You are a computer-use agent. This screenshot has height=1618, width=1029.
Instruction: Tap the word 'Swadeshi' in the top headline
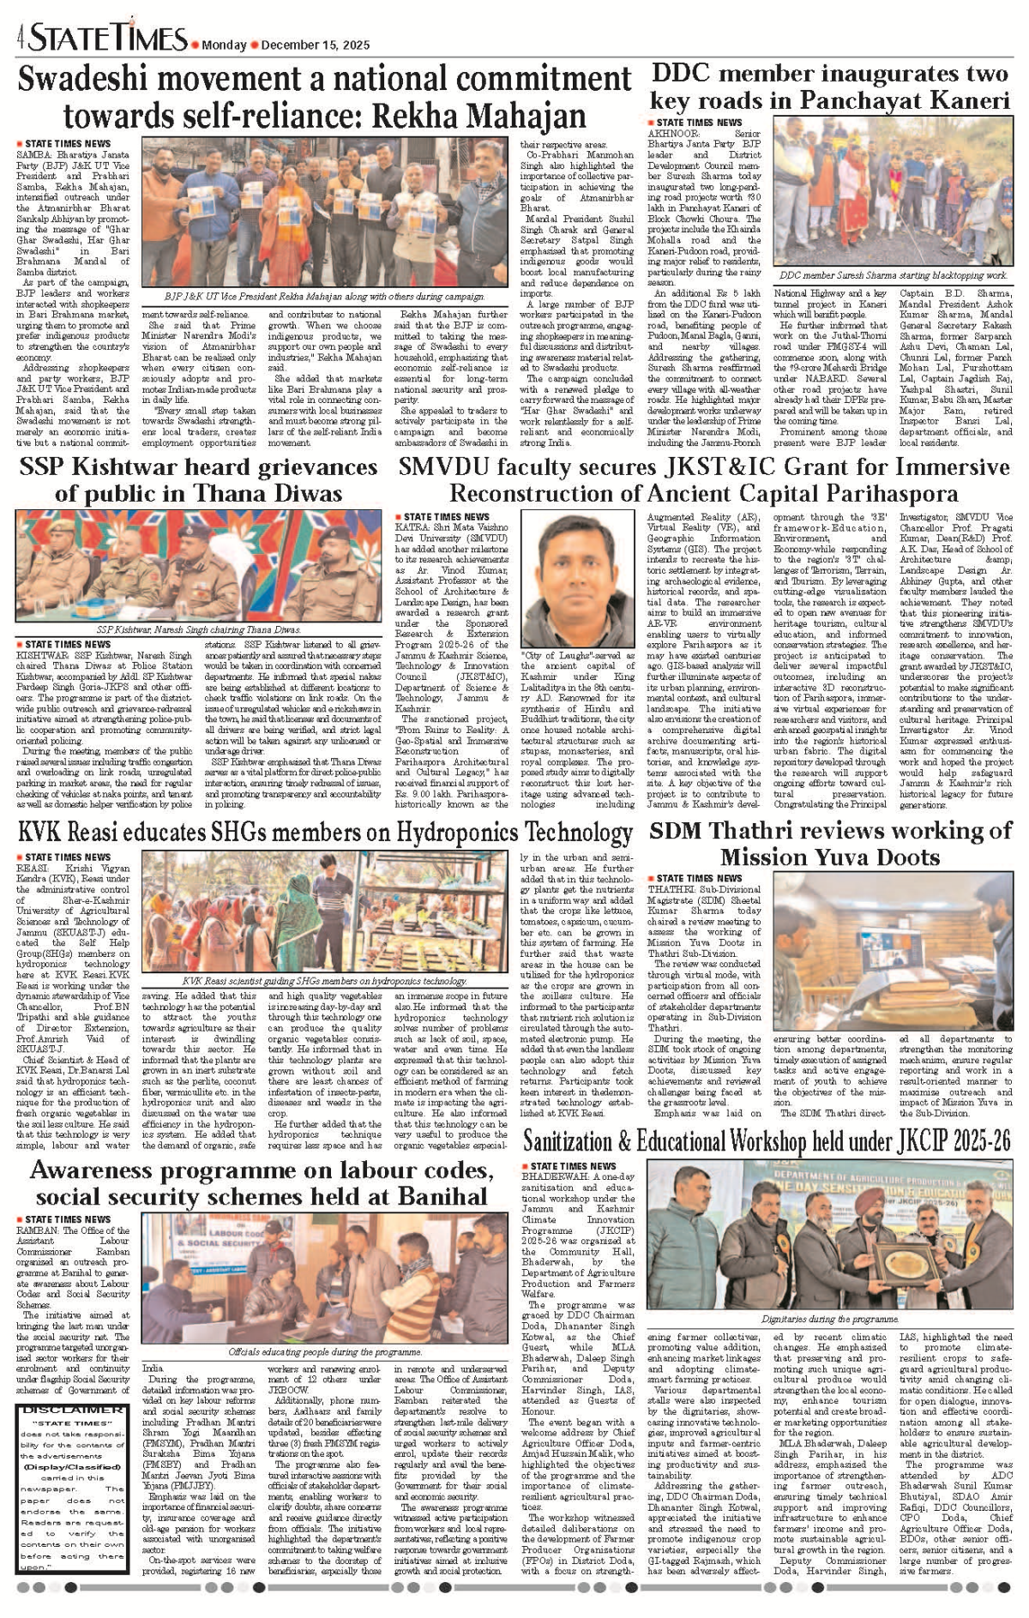(x=85, y=80)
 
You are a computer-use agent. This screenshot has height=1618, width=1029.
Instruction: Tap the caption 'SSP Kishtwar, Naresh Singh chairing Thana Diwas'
(x=198, y=629)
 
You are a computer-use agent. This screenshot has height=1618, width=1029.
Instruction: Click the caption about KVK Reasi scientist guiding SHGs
(x=325, y=980)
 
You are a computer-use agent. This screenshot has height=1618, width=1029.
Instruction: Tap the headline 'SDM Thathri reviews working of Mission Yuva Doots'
(x=830, y=844)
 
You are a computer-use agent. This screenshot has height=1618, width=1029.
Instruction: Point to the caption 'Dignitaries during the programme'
(x=829, y=1319)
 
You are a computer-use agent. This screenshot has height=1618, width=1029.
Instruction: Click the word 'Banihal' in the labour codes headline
(x=433, y=1196)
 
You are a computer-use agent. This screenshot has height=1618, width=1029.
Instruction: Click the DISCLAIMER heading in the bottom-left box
(x=73, y=1410)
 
